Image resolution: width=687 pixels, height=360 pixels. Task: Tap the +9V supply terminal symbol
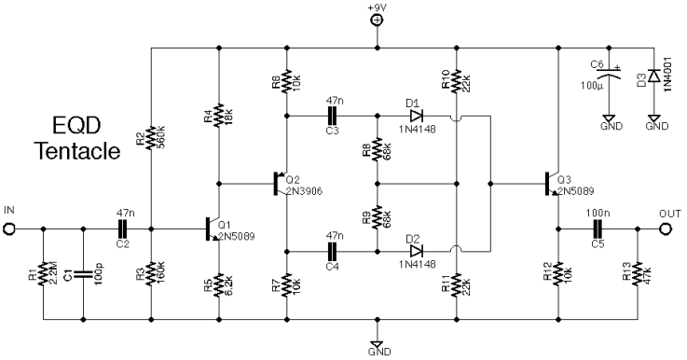[377, 19]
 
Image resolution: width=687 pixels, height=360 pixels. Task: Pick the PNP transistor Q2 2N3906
[280, 183]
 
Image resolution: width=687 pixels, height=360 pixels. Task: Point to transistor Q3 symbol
[552, 183]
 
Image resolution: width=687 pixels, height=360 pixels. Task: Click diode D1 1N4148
[417, 116]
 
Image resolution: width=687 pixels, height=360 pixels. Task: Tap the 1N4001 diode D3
[655, 75]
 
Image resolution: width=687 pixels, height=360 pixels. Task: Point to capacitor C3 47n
[332, 116]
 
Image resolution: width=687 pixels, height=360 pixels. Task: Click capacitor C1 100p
[82, 276]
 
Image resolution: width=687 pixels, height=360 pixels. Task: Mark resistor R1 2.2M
[43, 276]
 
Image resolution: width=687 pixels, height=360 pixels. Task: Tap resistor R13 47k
[636, 276]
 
